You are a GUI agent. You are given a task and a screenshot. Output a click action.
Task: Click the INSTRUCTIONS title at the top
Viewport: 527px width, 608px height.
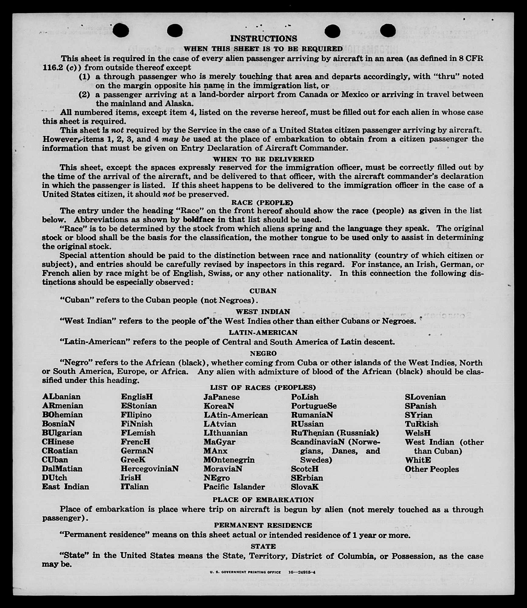(263, 39)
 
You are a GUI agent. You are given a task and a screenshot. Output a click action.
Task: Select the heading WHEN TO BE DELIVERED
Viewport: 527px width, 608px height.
(263, 159)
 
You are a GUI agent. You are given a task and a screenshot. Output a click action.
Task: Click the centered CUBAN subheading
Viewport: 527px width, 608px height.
(263, 291)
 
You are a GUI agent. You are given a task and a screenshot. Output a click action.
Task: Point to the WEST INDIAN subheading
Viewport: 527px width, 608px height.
(263, 311)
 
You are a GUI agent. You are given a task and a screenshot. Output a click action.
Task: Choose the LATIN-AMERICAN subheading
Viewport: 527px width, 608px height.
(263, 332)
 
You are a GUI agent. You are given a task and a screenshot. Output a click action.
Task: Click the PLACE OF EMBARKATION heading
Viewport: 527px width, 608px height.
(263, 500)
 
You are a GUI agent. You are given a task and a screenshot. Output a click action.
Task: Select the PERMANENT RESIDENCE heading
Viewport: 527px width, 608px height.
(263, 525)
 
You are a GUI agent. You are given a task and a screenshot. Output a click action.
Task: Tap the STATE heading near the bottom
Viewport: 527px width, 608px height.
(263, 546)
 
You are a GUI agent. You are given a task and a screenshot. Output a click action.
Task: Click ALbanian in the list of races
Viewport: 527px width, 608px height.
(61, 397)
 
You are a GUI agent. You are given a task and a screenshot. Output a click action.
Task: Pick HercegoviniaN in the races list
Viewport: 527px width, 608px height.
(150, 469)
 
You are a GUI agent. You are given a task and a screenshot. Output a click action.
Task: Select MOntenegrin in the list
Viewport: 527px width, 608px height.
(229, 460)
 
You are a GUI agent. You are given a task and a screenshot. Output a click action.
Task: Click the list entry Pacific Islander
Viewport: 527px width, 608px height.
(234, 487)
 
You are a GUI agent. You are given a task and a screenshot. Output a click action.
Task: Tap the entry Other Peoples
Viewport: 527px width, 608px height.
(432, 469)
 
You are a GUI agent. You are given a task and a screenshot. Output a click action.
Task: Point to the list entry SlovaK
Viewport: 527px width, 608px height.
(305, 487)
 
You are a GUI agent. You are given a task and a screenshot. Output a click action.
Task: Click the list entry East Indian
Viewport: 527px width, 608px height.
(65, 487)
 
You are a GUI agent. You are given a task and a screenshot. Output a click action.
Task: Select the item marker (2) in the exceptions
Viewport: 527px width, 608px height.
(84, 94)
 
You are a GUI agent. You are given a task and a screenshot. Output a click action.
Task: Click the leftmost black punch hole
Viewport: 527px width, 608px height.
(121, 30)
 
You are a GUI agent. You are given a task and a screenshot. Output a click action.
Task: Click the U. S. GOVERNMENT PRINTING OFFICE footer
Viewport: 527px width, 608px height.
(245, 572)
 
